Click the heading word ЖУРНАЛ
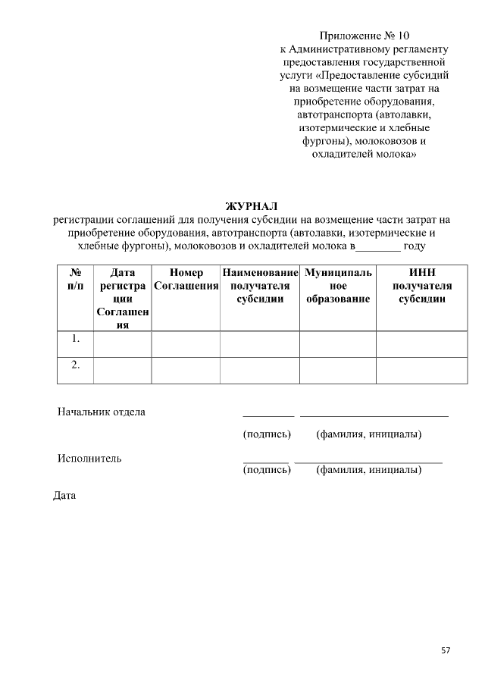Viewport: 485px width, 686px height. tap(252, 206)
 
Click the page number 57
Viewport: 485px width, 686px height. tap(446, 650)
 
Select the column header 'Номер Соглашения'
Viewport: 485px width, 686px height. tap(186, 279)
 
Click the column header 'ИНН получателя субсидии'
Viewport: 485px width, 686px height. tap(422, 286)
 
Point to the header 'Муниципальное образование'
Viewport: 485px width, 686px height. tap(338, 286)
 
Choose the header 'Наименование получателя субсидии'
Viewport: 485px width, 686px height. tap(260, 286)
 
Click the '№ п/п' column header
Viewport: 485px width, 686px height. tap(76, 279)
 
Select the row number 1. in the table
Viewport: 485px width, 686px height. tap(76, 340)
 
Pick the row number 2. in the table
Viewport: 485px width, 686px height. tap(76, 365)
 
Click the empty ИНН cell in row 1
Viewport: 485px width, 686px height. tap(422, 343)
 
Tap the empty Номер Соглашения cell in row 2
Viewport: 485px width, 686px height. tap(186, 370)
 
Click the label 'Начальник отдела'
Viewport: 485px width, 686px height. tap(102, 412)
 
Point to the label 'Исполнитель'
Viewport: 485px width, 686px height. tap(89, 458)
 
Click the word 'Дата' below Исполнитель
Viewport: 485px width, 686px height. tap(64, 496)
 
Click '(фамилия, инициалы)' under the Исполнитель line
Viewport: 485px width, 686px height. tap(369, 470)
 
